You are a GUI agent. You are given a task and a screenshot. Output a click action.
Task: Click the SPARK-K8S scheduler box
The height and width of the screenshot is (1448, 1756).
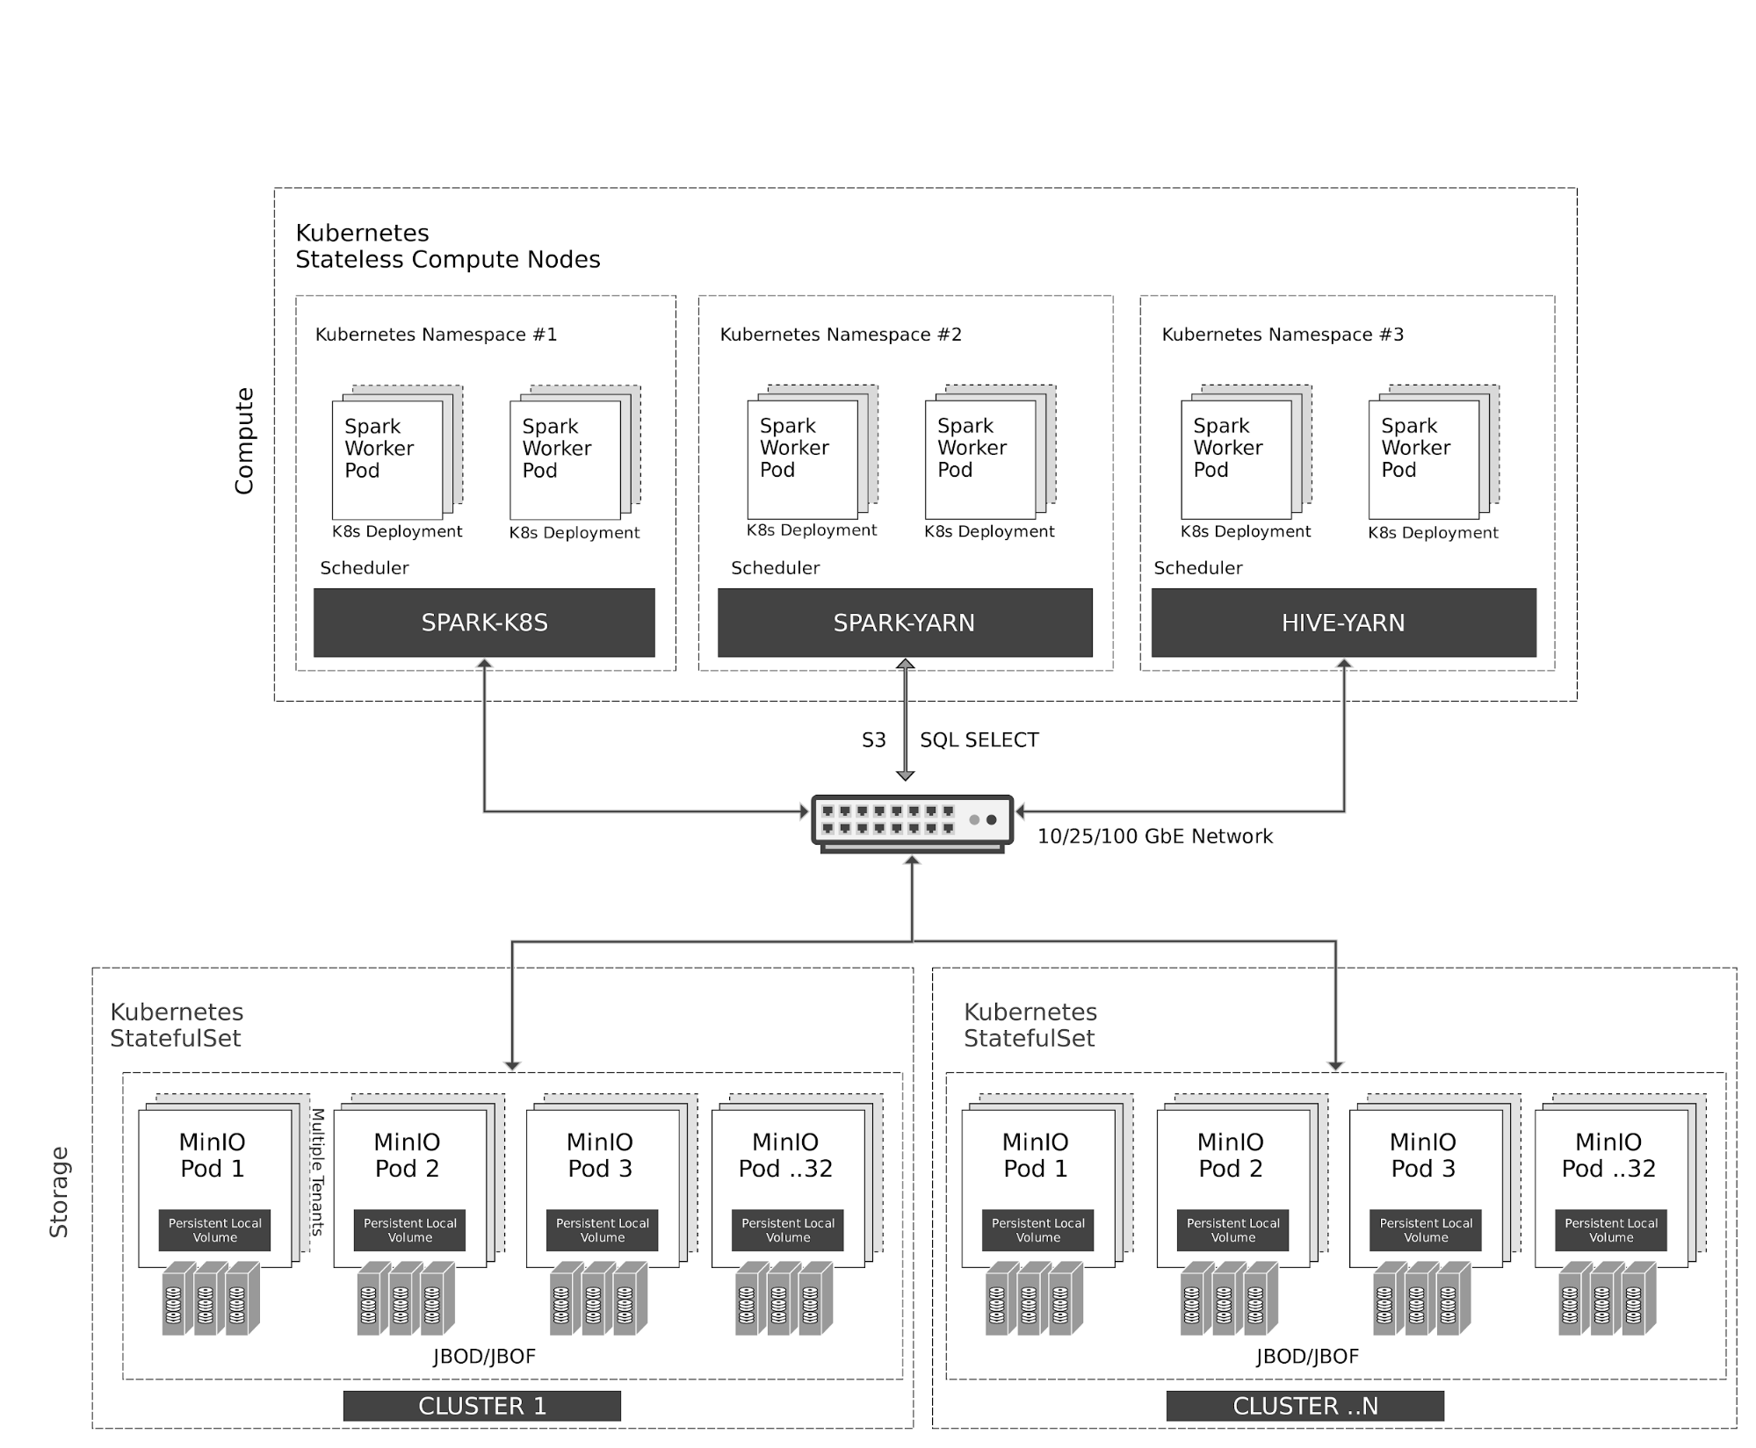484,623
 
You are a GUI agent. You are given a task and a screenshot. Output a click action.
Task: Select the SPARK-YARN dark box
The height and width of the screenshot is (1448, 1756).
904,623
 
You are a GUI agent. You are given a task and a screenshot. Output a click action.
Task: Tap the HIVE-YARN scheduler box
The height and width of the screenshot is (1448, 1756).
1343,623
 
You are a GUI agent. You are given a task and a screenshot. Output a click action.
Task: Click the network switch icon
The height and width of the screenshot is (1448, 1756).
912,823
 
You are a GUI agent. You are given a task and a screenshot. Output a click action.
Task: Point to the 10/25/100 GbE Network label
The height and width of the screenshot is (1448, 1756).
1154,836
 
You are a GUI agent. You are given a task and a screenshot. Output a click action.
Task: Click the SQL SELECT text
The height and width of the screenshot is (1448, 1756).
979,740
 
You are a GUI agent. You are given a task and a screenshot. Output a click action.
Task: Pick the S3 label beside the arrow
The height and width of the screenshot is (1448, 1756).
873,740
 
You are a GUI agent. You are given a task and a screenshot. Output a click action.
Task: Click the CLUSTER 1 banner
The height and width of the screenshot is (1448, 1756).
481,1406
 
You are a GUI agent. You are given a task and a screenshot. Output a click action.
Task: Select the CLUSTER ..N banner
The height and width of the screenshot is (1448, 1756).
1304,1406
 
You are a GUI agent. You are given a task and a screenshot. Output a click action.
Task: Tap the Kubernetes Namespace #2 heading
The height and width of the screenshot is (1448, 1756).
841,335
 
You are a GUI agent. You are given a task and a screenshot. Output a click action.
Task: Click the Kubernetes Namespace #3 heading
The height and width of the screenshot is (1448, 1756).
1282,335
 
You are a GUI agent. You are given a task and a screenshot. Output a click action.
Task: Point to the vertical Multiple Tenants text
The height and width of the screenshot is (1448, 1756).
318,1171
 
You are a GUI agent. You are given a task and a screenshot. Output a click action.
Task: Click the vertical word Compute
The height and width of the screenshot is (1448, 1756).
244,441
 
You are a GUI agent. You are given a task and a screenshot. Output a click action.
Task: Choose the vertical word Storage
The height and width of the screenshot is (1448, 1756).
59,1192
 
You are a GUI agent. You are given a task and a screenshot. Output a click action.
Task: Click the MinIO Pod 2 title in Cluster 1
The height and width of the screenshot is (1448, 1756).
407,1155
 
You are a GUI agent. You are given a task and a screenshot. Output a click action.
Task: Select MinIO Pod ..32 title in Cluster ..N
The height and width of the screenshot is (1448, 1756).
1608,1155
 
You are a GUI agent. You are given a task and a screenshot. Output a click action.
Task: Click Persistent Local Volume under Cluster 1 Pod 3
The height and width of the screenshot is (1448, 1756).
602,1229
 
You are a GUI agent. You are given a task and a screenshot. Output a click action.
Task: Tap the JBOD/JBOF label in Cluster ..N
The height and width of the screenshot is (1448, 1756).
1306,1357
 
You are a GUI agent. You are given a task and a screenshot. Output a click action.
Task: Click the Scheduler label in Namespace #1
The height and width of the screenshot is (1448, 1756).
364,568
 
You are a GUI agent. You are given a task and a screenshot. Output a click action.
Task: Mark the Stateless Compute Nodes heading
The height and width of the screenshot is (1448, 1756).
447,260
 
